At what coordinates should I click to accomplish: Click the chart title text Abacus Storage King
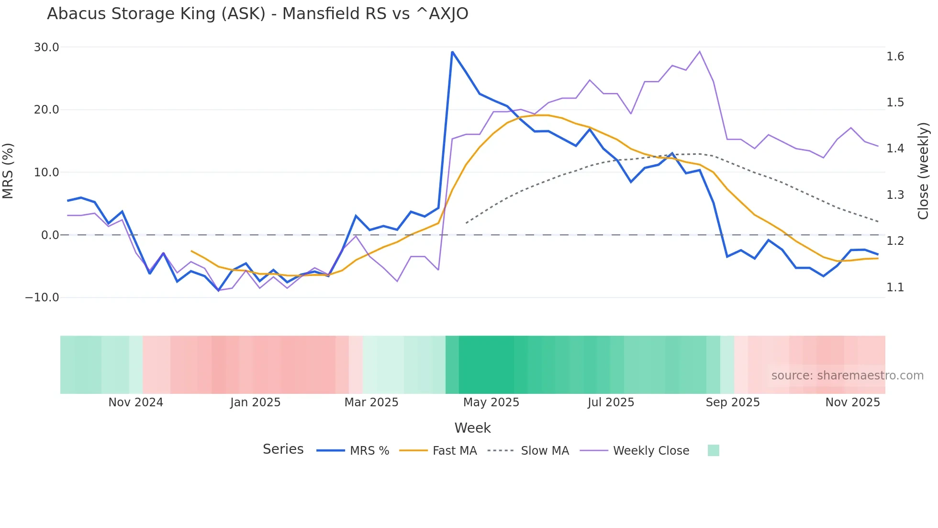coord(257,13)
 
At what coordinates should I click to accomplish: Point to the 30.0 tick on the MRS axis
coord(46,47)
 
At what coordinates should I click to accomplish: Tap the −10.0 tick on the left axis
coord(42,298)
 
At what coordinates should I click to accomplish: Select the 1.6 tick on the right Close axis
coord(895,57)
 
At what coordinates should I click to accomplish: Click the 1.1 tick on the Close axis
coord(895,287)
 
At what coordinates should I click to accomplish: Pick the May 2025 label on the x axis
coord(491,402)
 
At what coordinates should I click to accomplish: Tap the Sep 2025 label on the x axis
coord(732,402)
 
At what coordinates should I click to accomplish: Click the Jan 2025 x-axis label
coord(255,402)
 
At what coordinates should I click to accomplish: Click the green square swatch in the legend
coord(713,450)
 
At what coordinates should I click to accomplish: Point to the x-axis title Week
coord(472,428)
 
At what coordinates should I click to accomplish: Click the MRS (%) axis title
coord(8,171)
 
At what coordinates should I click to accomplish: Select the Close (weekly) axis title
coord(923,171)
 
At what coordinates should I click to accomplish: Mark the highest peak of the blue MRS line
coord(452,52)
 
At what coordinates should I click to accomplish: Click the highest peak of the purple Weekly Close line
coord(700,51)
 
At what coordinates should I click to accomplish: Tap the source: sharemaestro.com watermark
coord(847,376)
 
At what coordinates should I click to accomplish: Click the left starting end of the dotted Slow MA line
coord(466,223)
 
